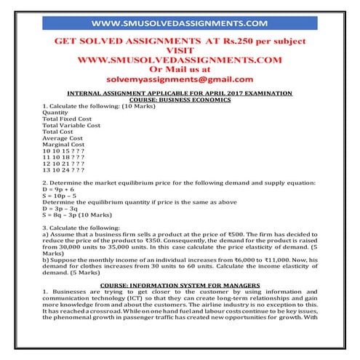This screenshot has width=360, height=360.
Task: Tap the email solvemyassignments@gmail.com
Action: pos(180,79)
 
